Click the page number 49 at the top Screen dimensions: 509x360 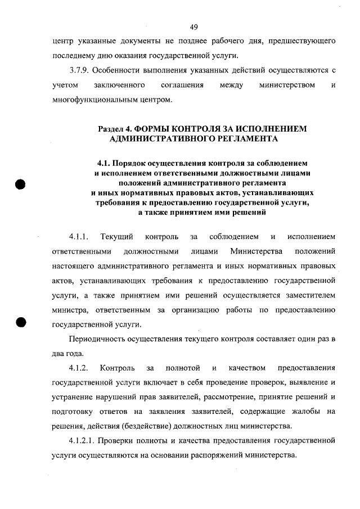pos(193,26)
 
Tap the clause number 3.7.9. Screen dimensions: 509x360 pos(78,70)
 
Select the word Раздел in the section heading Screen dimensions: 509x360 pos(112,128)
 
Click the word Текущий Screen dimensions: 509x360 pos(116,233)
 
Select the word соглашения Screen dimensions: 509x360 pos(179,85)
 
